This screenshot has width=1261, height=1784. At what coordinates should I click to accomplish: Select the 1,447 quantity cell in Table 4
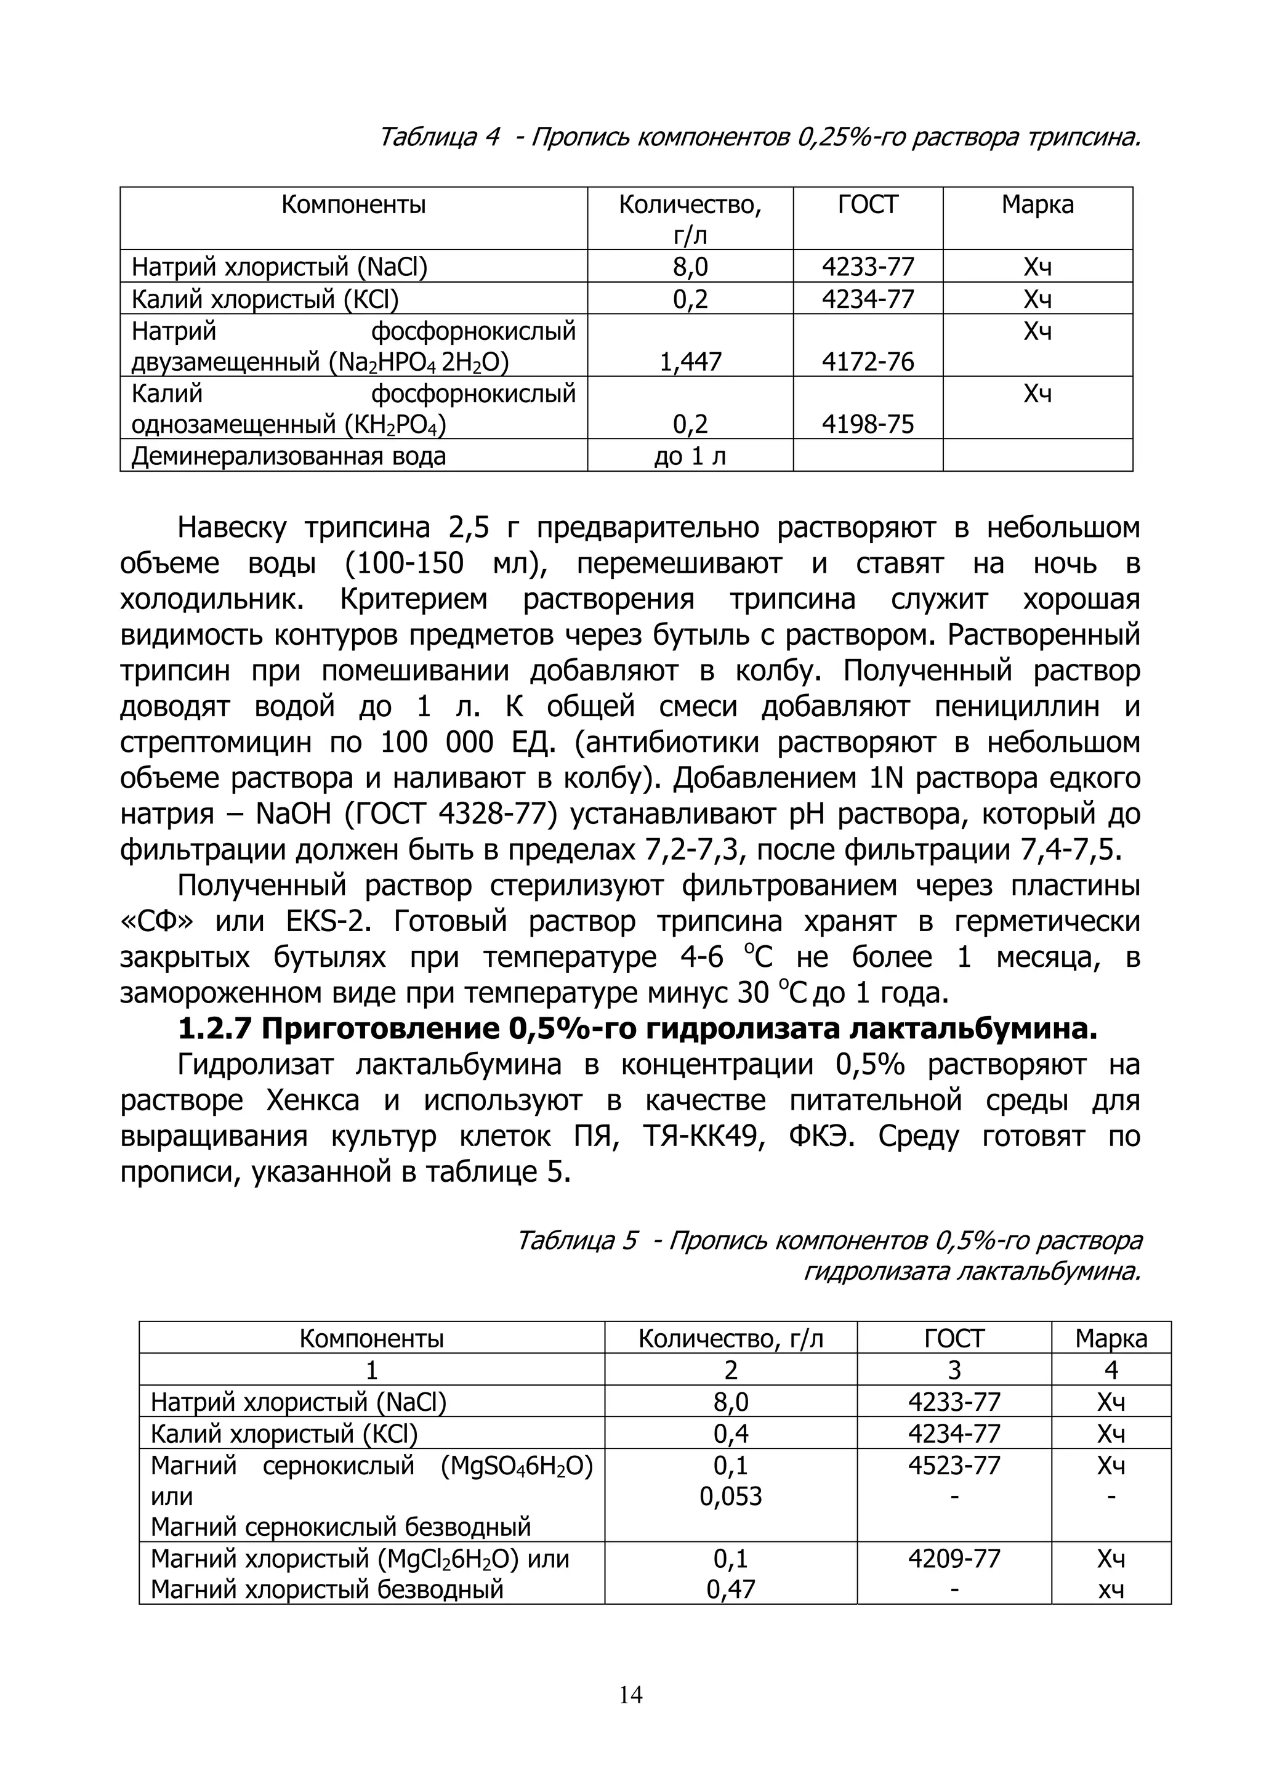click(x=690, y=362)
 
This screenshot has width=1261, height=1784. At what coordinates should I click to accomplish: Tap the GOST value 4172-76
click(x=868, y=362)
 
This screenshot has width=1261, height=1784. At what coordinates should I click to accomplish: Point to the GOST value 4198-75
click(x=868, y=424)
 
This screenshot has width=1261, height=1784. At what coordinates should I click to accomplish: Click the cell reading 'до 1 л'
click(x=690, y=456)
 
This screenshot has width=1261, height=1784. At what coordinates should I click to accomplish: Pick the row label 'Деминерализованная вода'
click(x=288, y=456)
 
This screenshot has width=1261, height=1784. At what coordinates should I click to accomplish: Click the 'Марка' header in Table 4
click(x=1037, y=205)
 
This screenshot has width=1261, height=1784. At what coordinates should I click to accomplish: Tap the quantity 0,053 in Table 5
click(x=730, y=1496)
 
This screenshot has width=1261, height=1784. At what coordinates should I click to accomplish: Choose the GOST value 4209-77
click(x=954, y=1559)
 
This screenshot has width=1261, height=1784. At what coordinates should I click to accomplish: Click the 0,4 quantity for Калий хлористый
click(x=730, y=1434)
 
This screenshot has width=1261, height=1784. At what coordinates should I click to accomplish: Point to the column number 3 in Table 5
click(x=954, y=1370)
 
